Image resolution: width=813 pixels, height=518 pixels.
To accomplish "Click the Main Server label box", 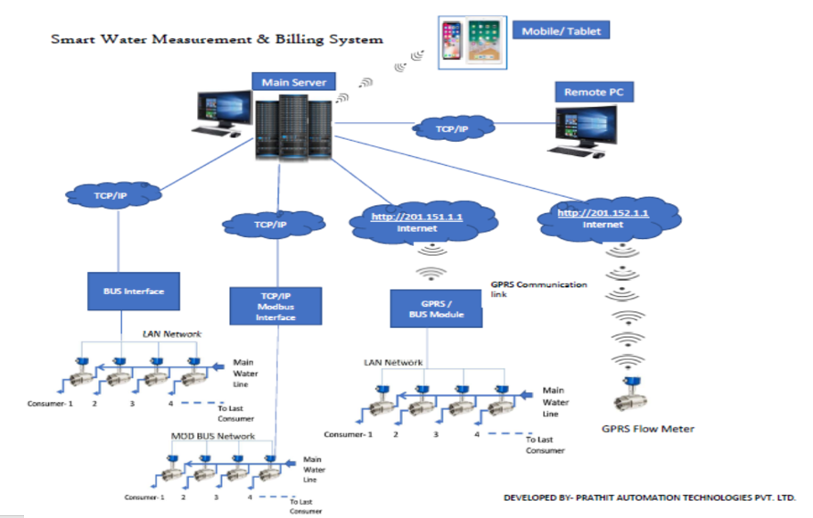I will (293, 82).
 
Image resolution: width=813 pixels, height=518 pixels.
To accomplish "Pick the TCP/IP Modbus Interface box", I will (275, 305).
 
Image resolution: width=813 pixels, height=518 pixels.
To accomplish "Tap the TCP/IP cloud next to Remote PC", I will (452, 129).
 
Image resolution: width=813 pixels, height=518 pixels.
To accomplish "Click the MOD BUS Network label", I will (213, 437).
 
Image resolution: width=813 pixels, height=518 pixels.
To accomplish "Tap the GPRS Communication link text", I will (538, 289).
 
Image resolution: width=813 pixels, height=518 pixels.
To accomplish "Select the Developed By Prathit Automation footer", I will (650, 497).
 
